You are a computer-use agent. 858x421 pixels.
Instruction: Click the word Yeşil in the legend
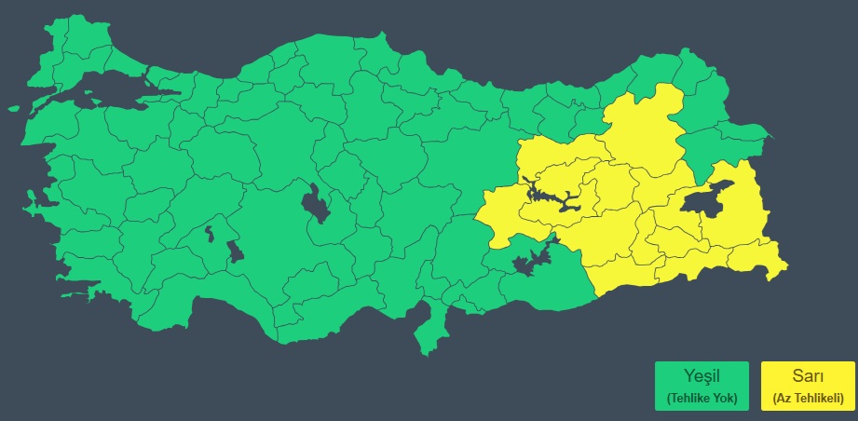[701, 377]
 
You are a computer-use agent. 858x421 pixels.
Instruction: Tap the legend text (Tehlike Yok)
[701, 398]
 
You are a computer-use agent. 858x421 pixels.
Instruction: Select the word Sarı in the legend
[807, 377]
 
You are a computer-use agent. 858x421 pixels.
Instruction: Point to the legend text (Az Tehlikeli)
[807, 398]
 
